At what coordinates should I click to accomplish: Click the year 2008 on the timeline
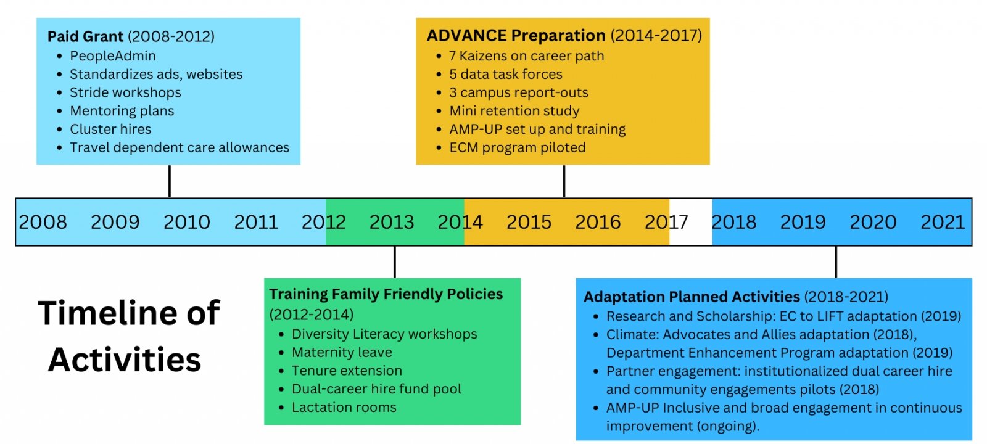(43, 222)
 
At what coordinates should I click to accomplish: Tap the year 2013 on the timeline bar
(392, 222)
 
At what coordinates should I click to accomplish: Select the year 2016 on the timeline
(598, 222)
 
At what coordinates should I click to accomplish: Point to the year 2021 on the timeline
(943, 222)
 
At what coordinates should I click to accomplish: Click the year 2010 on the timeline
(187, 222)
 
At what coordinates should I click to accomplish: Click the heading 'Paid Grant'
(86, 36)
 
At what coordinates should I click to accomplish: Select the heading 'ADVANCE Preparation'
(516, 35)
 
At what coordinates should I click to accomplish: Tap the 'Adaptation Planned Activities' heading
(692, 297)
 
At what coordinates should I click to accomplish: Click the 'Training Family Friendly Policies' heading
(386, 294)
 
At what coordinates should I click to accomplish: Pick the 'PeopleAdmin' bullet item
(113, 56)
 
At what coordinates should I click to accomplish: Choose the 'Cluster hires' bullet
(110, 129)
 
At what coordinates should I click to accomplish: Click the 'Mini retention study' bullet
(514, 111)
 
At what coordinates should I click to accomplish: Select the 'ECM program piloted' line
(518, 147)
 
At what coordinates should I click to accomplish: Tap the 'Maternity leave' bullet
(342, 352)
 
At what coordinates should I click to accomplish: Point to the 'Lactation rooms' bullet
(344, 408)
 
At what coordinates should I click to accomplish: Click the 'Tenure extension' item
(347, 371)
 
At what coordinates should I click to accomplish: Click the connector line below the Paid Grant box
(170, 181)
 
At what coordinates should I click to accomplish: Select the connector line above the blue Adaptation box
(836, 262)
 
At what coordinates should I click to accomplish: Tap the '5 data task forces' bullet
(506, 75)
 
